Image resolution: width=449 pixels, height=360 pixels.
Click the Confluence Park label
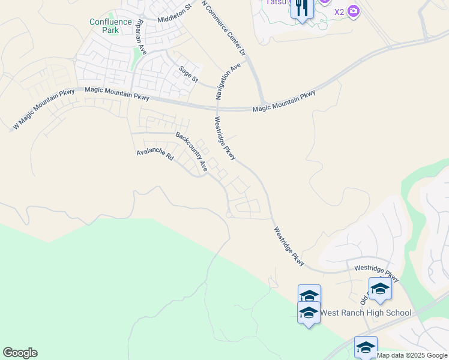pos(110,25)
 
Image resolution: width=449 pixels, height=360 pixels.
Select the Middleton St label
pos(173,13)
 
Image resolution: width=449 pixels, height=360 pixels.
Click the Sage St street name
pos(188,75)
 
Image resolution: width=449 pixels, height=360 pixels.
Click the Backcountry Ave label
pos(191,152)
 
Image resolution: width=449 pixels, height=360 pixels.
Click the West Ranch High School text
pos(366,313)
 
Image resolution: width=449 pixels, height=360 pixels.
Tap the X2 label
pos(339,11)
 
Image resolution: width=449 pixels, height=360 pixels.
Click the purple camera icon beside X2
pos(354,11)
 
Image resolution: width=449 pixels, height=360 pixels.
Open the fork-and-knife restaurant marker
pos(302,8)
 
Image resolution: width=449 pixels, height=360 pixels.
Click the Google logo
pos(20,353)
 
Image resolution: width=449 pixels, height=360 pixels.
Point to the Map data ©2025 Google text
pos(412,355)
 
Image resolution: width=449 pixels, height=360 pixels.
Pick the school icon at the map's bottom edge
pos(366,346)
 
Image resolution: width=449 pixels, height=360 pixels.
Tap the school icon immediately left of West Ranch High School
pos(309,313)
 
